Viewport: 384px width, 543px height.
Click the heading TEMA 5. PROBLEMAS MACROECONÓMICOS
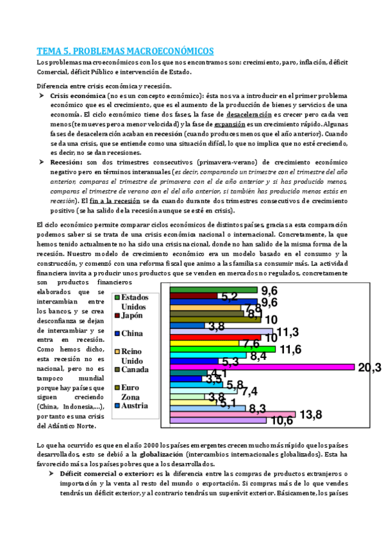pos(125,51)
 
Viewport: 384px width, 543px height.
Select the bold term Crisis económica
pos(71,95)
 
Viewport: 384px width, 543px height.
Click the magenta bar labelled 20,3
pos(262,367)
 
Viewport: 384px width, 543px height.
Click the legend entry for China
pos(132,333)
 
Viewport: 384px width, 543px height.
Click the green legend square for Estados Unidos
pos(116,297)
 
